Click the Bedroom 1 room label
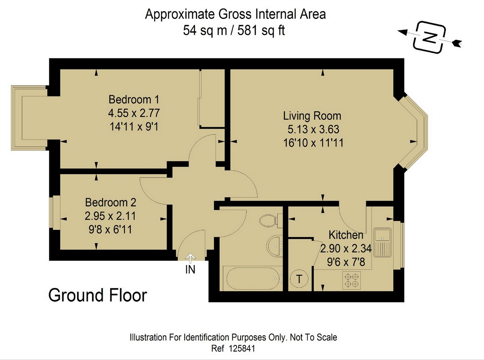134,100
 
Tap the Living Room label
312,116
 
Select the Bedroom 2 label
111,202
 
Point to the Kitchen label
346,235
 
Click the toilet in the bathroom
271,221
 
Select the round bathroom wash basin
275,246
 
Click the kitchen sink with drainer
382,242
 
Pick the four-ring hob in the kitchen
352,280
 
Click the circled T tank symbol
299,279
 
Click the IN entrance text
190,270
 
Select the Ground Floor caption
98,296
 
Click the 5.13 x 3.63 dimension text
313,129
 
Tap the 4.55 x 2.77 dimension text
134,113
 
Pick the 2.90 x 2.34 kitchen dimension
346,248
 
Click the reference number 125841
242,349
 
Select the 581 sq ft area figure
261,30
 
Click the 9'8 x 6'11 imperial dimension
110,229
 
